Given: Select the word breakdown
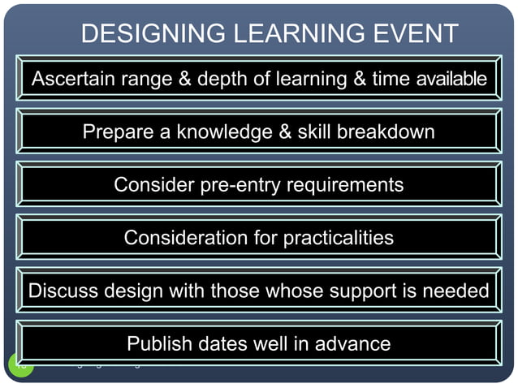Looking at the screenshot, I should [x=387, y=131].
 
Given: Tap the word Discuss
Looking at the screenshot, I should [x=62, y=291].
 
